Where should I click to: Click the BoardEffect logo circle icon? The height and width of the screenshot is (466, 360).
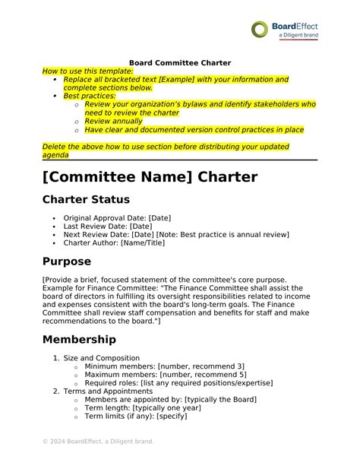[x=261, y=30]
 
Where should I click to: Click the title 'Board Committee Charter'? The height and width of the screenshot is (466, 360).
[x=179, y=62]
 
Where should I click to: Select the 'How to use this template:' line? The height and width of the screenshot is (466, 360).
[x=87, y=71]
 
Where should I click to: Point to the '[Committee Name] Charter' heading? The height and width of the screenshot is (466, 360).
[x=150, y=177]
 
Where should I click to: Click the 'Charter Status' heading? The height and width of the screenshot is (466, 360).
[x=86, y=200]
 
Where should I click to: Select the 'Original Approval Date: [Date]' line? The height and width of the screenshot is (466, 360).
[x=117, y=218]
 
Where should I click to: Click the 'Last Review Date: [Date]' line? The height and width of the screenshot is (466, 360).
[x=108, y=227]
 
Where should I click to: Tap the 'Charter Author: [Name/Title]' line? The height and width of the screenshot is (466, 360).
[x=114, y=243]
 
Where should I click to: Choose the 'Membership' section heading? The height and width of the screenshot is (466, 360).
[x=79, y=339]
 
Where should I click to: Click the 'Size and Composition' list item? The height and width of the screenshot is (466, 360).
[x=101, y=357]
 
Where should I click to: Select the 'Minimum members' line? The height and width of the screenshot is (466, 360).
[x=165, y=366]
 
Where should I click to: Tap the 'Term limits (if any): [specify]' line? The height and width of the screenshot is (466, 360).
[x=136, y=416]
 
